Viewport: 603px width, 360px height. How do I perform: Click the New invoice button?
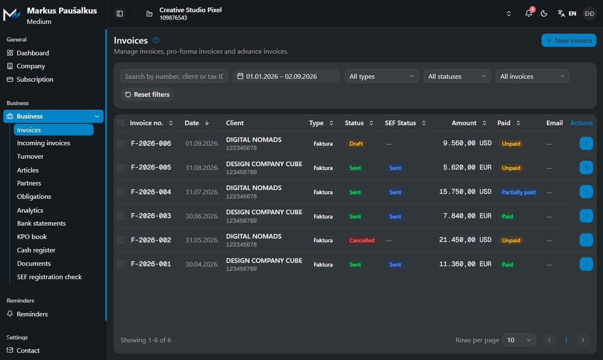tap(568, 40)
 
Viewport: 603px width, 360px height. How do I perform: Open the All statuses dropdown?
tap(457, 76)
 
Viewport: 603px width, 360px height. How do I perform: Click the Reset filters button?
tap(147, 94)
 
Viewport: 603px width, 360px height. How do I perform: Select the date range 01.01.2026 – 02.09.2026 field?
tap(286, 76)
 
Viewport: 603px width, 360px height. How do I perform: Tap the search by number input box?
tap(174, 76)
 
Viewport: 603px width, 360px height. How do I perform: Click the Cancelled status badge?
tap(361, 241)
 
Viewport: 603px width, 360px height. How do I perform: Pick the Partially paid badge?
tap(518, 192)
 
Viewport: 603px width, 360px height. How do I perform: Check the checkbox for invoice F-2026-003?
tap(121, 216)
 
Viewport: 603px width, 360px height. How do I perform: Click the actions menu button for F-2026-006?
tap(586, 144)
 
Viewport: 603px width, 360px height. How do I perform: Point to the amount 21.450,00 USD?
tap(465, 239)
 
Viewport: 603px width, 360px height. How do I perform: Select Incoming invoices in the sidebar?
tap(43, 143)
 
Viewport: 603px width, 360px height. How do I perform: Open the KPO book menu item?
tap(32, 237)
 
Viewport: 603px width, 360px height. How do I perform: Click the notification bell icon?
tap(529, 14)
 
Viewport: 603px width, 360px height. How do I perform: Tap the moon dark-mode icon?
tap(544, 14)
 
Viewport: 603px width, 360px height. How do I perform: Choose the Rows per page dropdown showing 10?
tap(519, 340)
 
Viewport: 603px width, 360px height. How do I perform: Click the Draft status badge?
tap(356, 144)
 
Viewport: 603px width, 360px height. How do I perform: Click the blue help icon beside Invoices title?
tap(156, 40)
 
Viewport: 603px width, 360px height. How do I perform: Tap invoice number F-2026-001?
tap(151, 264)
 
